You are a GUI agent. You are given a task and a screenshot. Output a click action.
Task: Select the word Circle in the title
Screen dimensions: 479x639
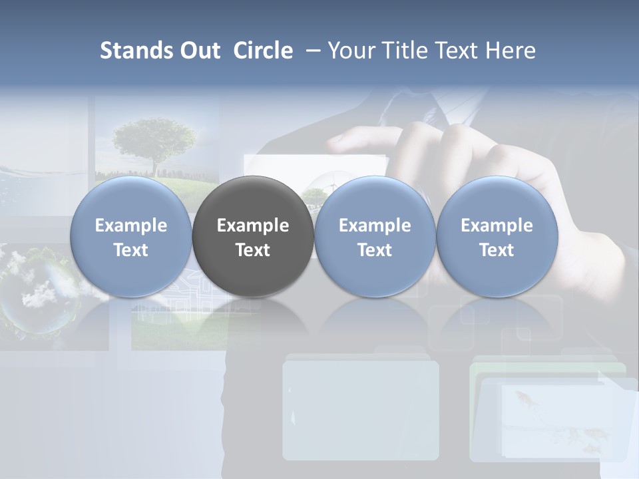[262, 51]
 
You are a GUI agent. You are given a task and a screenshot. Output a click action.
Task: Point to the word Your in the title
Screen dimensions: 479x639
[351, 51]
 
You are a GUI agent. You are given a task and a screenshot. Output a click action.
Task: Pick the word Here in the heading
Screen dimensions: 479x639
[511, 51]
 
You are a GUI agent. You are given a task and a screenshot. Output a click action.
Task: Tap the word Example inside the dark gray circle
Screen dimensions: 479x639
[253, 226]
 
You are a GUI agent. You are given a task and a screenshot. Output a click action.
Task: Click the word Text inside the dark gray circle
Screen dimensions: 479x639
[253, 250]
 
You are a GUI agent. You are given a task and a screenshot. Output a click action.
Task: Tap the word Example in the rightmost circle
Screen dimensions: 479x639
[497, 226]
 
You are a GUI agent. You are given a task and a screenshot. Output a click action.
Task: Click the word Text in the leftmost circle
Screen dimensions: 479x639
[130, 250]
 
